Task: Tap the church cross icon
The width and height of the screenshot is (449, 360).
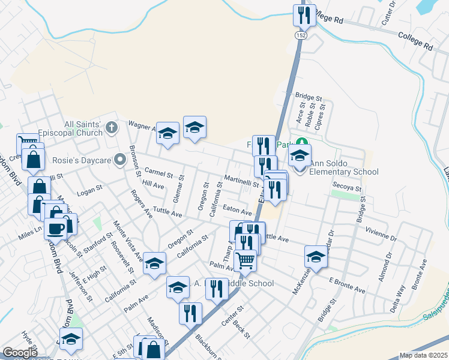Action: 111,127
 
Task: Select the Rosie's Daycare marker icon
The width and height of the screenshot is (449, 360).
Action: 120,160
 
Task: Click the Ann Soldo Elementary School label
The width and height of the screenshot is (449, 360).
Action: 344,172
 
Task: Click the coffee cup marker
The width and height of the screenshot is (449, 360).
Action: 56,228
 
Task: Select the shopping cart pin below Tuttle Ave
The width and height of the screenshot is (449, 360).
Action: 245,260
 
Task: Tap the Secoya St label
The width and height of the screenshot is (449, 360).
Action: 348,187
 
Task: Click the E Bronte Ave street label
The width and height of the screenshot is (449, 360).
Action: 347,285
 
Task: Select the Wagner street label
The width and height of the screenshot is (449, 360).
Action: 142,125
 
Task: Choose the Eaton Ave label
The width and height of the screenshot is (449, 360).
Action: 237,211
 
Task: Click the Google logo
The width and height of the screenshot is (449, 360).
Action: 20,353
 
